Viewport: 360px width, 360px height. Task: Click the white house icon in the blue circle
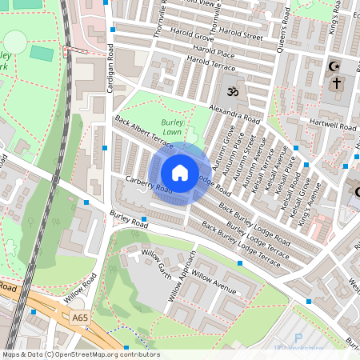pyautogui.click(x=180, y=173)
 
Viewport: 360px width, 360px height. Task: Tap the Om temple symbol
pyautogui.click(x=233, y=92)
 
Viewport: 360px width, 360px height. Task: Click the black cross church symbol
pyautogui.click(x=337, y=82)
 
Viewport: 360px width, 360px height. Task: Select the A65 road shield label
pyautogui.click(x=79, y=318)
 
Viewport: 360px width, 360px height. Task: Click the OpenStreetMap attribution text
pyautogui.click(x=81, y=354)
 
